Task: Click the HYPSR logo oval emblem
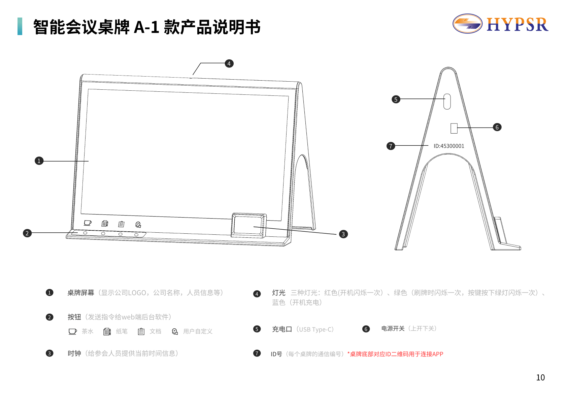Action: click(467, 24)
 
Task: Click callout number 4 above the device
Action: click(229, 63)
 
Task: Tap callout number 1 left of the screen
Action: click(39, 161)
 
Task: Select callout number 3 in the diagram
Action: click(343, 234)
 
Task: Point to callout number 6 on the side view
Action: click(497, 127)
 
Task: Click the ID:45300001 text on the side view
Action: click(449, 146)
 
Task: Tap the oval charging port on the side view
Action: click(447, 102)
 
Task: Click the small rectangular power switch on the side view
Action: click(454, 128)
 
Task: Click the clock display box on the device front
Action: click(249, 225)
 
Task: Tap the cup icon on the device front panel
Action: click(88, 223)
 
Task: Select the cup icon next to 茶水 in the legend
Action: click(72, 332)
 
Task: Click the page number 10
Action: click(540, 377)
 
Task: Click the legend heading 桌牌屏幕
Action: click(81, 293)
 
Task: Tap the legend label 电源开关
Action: click(393, 328)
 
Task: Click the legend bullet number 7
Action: click(257, 353)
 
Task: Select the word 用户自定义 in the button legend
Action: click(198, 332)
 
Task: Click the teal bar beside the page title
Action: click(20, 26)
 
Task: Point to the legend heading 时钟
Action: click(74, 353)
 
